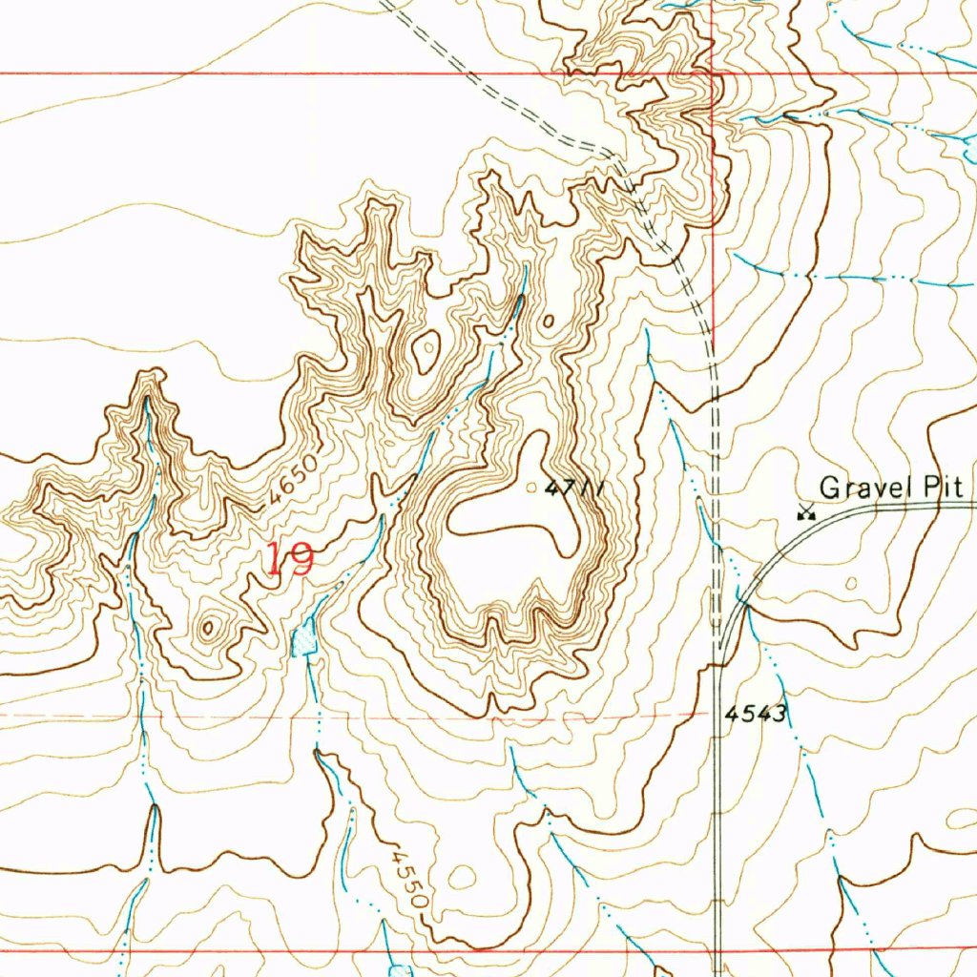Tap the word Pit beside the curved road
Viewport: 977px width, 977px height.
(x=946, y=488)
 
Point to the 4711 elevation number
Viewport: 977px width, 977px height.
(x=575, y=488)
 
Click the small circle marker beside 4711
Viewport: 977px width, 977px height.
(x=531, y=488)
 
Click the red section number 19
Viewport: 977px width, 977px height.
(x=288, y=559)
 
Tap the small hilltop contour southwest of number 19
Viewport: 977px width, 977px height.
(x=209, y=627)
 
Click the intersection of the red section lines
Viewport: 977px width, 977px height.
(x=714, y=73)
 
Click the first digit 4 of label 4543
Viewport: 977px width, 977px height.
(x=731, y=714)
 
